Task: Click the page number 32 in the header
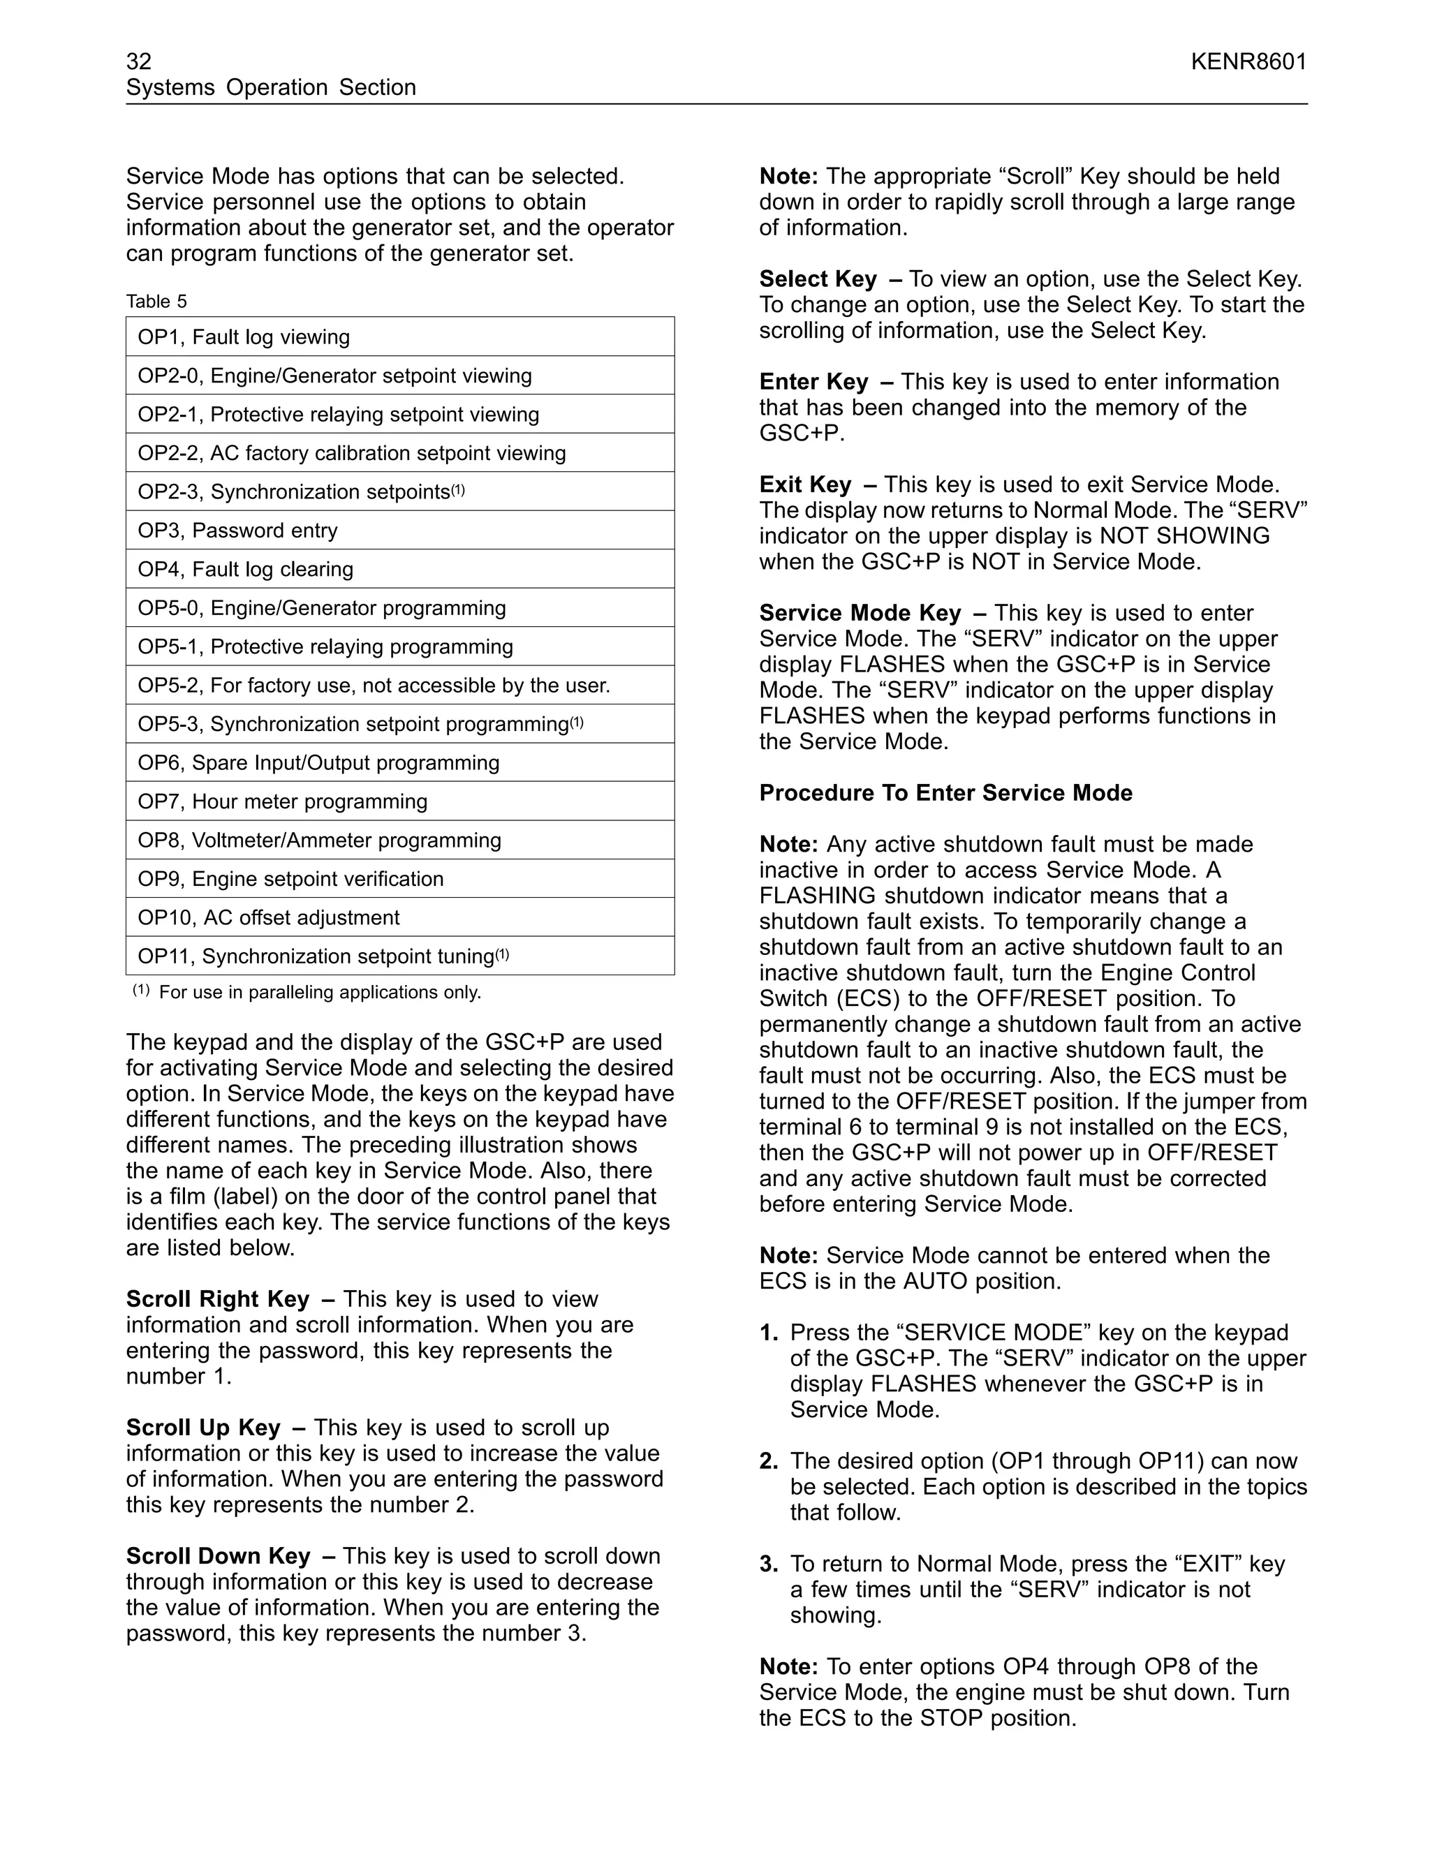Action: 139,62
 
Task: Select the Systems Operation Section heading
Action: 271,87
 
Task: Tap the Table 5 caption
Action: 156,302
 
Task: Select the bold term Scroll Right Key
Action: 218,1299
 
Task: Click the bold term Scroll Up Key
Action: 203,1428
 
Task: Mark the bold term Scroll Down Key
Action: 219,1556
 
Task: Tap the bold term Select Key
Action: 818,279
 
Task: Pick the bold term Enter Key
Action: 813,382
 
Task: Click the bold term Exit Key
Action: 805,484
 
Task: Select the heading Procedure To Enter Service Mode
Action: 945,793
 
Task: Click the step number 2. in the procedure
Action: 768,1461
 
